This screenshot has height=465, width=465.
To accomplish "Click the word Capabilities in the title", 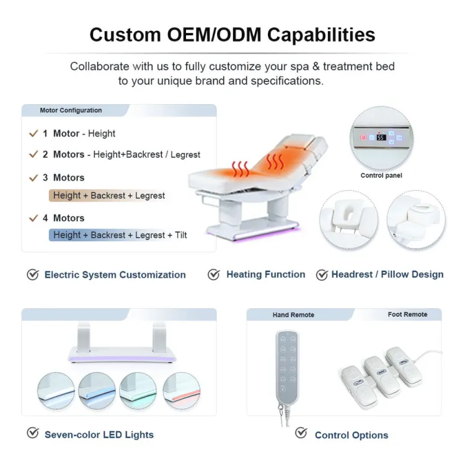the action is tap(321, 35).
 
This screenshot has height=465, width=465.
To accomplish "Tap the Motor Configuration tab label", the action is tap(71, 110).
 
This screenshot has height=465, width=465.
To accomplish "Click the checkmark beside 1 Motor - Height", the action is tap(33, 133).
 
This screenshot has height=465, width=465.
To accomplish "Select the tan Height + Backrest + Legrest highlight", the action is tap(109, 196).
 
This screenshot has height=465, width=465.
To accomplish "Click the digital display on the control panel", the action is tap(381, 138).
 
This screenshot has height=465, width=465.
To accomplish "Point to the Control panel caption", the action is tap(381, 175).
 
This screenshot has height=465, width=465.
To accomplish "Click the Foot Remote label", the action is tap(407, 314).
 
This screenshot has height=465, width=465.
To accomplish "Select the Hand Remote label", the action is tap(293, 315).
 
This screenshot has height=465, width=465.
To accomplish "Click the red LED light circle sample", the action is tap(182, 391).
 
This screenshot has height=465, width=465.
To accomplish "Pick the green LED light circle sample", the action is tap(138, 391).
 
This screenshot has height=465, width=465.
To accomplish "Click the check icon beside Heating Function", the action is tap(213, 275).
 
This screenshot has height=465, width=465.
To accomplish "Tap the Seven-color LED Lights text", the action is tap(99, 435).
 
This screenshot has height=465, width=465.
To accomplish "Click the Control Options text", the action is tap(352, 435).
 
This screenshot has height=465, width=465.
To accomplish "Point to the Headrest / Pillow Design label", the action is tap(387, 275).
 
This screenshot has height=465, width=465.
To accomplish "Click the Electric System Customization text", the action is tap(115, 275).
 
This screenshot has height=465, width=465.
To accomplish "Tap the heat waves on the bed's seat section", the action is tap(240, 169).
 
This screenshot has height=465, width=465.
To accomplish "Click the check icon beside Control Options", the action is tap(301, 433).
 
